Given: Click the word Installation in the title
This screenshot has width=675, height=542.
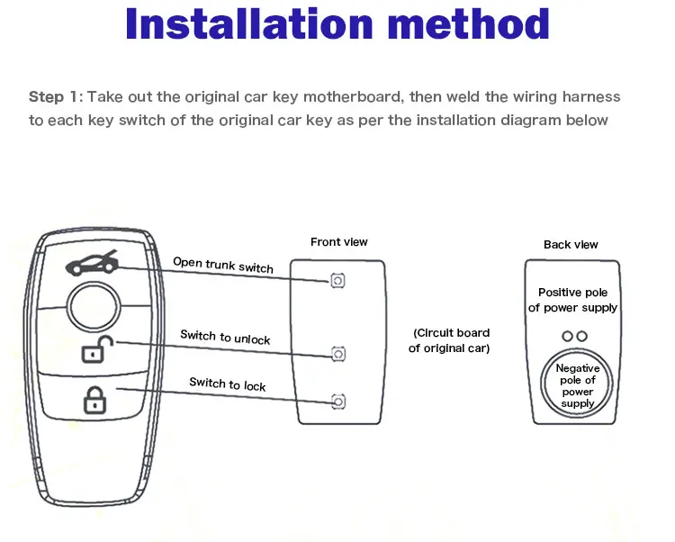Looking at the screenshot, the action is pyautogui.click(x=244, y=25).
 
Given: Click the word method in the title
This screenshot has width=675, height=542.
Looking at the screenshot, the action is pyautogui.click(x=468, y=25).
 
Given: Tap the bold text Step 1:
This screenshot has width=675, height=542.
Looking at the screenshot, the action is pyautogui.click(x=56, y=96).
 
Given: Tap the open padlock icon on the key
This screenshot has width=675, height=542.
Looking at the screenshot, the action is pyautogui.click(x=94, y=349).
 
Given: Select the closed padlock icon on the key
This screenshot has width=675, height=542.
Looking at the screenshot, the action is pyautogui.click(x=94, y=398).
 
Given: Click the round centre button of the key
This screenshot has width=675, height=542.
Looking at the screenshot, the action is pyautogui.click(x=94, y=306).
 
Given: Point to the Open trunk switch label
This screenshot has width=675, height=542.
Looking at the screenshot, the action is pyautogui.click(x=223, y=265).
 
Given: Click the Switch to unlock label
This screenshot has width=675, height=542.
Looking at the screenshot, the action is pyautogui.click(x=225, y=337).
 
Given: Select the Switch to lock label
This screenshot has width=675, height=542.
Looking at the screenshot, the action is pyautogui.click(x=228, y=384).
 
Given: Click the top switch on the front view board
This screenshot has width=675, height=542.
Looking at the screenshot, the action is pyautogui.click(x=337, y=281).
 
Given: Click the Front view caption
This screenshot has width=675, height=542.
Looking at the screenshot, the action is pyautogui.click(x=339, y=241).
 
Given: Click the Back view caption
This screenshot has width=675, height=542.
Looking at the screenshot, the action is pyautogui.click(x=571, y=244).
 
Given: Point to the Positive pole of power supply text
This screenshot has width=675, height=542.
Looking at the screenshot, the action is pyautogui.click(x=573, y=300).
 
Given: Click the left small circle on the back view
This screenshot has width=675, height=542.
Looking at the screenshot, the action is pyautogui.click(x=566, y=336).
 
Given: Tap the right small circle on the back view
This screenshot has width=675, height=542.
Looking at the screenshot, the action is pyautogui.click(x=581, y=336).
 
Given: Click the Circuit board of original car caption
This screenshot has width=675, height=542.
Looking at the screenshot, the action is pyautogui.click(x=451, y=340).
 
